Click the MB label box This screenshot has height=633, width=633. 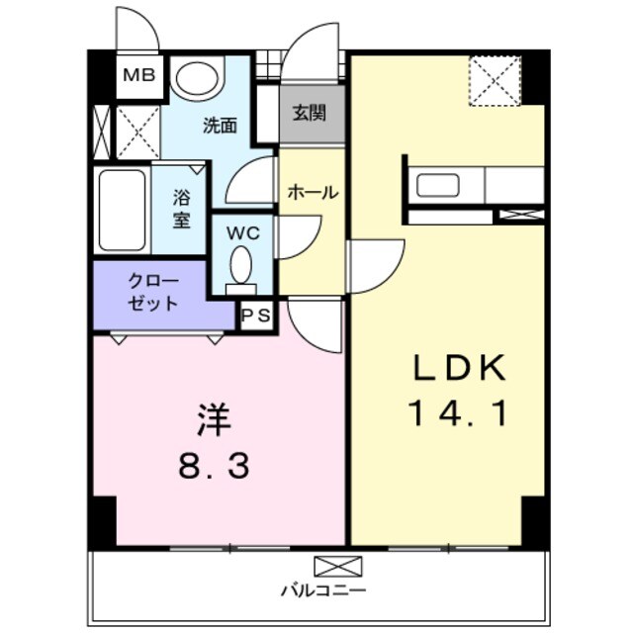138,75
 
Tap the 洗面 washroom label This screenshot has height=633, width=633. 220,126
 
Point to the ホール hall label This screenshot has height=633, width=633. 313,193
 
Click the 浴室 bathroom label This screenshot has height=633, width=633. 181,208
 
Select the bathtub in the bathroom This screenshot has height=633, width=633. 122,211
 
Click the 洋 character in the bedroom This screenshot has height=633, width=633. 212,421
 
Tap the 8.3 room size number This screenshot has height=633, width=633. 212,465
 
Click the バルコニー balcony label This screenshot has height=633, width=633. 322,590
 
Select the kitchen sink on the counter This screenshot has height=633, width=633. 436,185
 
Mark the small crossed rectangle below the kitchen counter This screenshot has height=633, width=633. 518,214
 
